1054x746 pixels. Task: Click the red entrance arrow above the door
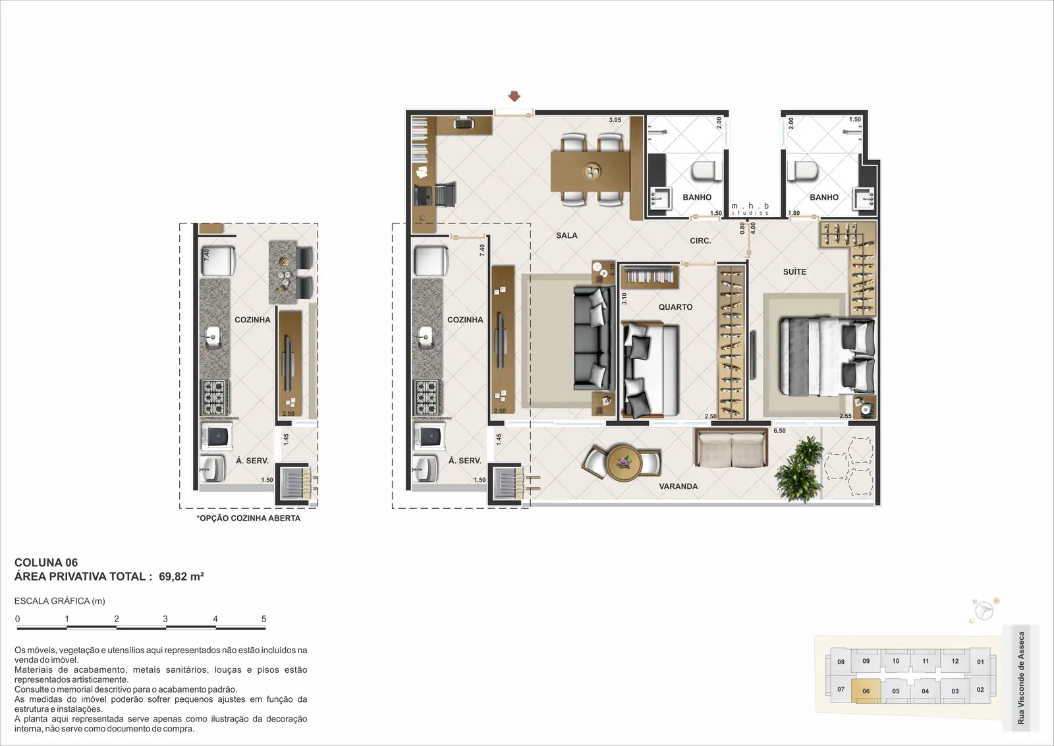coord(514,96)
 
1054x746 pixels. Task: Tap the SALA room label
coord(567,235)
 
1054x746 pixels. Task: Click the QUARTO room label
coord(675,307)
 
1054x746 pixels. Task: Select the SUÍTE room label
coord(794,272)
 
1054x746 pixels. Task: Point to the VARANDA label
coord(678,486)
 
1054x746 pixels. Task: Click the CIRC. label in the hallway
coord(701,241)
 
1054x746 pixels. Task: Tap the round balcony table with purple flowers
coord(624,463)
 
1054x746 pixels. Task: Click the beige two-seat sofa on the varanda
coord(731,449)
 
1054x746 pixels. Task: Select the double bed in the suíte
coord(827,357)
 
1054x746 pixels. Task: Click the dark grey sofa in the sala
coord(594,339)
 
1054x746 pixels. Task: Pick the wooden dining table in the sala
coord(590,171)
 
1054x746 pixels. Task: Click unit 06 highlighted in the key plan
coord(866,691)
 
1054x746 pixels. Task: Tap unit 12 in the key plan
coord(955,661)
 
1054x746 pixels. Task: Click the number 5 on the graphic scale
coord(264,619)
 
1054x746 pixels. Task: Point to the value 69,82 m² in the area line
coord(181,577)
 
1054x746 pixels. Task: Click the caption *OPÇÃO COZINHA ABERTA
coord(248,518)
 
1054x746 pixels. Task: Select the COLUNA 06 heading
coord(46,562)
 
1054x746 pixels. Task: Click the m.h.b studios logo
coord(750,208)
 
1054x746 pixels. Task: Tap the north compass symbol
coord(984,612)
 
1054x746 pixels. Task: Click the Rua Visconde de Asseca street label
coord(1020,677)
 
